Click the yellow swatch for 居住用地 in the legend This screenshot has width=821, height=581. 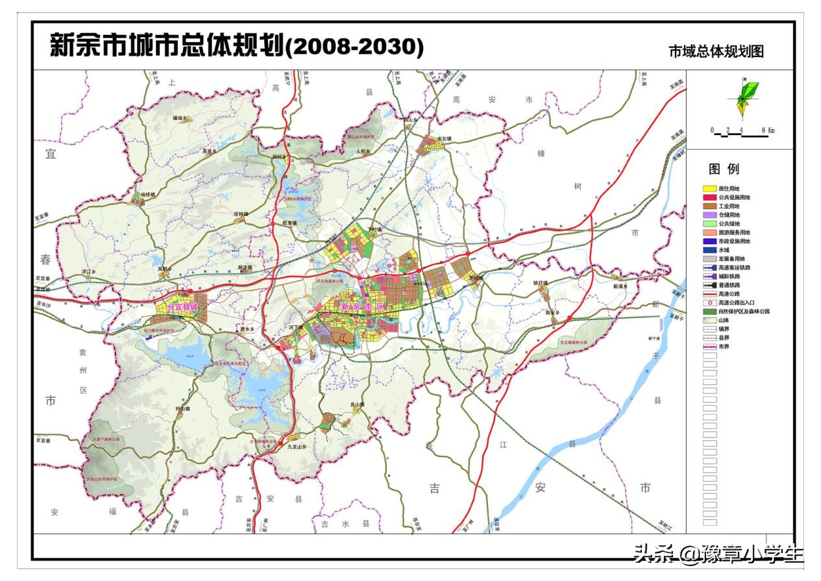pyautogui.click(x=709, y=188)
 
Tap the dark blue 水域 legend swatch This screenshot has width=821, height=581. pyautogui.click(x=709, y=250)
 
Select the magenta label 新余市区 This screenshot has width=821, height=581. pyautogui.click(x=361, y=306)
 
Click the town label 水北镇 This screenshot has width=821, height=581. pyautogui.click(x=443, y=139)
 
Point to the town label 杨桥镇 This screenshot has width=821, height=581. pyautogui.click(x=148, y=195)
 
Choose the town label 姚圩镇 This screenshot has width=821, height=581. pyautogui.click(x=541, y=283)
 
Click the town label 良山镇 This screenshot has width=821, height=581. pyautogui.click(x=358, y=405)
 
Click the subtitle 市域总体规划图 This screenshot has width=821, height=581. pyautogui.click(x=716, y=52)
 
